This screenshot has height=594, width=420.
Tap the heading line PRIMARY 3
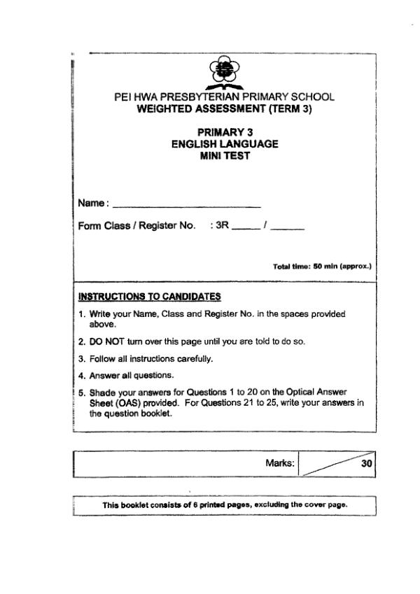(x=225, y=132)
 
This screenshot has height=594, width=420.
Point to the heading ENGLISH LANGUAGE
(x=225, y=144)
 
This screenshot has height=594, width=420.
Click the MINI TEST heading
(x=225, y=156)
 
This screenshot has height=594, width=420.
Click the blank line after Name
(x=186, y=205)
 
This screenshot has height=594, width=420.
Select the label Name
(x=91, y=203)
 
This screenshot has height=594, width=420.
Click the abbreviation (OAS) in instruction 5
(x=128, y=403)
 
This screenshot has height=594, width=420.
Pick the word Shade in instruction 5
(x=101, y=393)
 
